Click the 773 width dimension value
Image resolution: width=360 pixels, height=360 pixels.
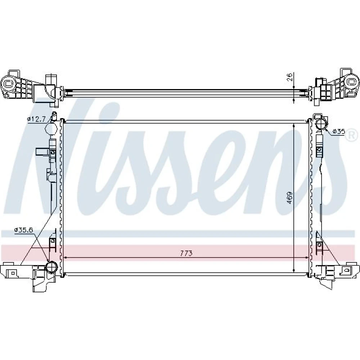pyautogui.click(x=186, y=253)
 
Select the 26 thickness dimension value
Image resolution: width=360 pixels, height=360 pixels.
pyautogui.click(x=290, y=77)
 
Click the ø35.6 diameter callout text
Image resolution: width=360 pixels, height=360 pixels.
pyautogui.click(x=24, y=229)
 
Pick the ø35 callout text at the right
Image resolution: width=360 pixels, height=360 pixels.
pyautogui.click(x=339, y=131)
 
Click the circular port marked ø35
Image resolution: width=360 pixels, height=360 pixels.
pyautogui.click(x=321, y=125)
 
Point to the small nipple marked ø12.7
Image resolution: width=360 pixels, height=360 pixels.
pyautogui.click(x=54, y=116)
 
